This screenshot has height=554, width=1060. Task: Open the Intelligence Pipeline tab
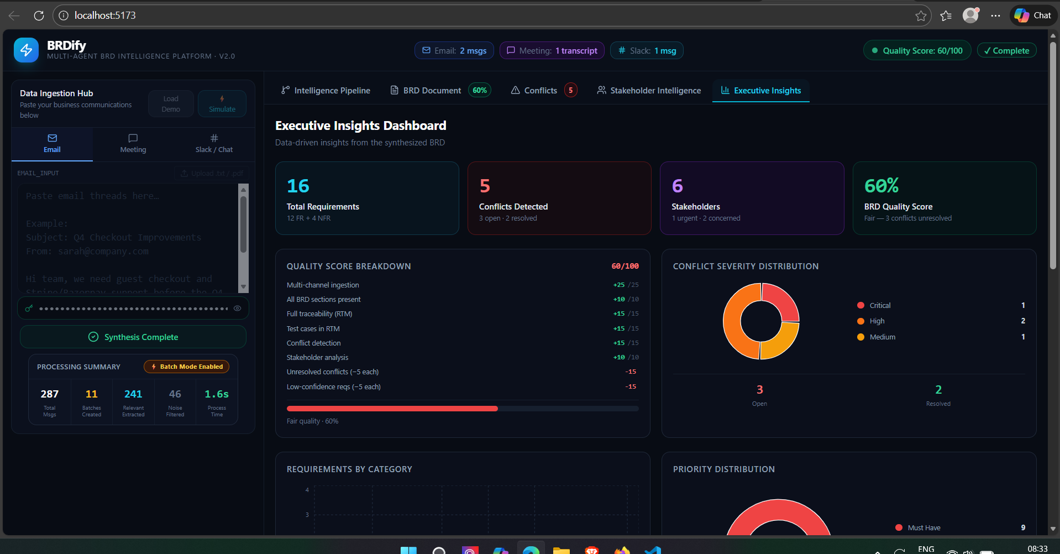(x=326, y=91)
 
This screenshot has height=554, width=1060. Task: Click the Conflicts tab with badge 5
(x=543, y=91)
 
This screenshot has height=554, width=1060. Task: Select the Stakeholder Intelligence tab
(x=649, y=91)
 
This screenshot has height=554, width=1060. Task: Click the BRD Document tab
(x=432, y=91)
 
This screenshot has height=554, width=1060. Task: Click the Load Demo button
(x=171, y=104)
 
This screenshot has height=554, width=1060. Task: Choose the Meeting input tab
(x=133, y=144)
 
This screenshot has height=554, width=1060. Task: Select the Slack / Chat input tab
(x=214, y=144)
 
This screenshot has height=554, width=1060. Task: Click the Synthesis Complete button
(x=133, y=337)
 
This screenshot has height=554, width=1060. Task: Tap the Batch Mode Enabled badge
(x=187, y=367)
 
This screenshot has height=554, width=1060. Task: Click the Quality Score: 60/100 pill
(x=917, y=51)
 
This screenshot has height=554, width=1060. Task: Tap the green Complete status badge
(x=1006, y=51)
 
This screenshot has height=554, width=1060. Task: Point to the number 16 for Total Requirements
(x=298, y=186)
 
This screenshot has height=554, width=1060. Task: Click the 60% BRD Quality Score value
(x=881, y=186)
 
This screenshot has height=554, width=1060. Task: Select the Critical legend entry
(x=879, y=306)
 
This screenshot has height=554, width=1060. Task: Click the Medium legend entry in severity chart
(x=881, y=337)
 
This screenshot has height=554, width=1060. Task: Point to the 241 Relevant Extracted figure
(x=133, y=394)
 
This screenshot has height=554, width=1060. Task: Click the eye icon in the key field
(x=238, y=309)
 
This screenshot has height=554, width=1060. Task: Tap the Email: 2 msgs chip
(x=454, y=51)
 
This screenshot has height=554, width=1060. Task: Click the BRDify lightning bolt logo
(x=26, y=50)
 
